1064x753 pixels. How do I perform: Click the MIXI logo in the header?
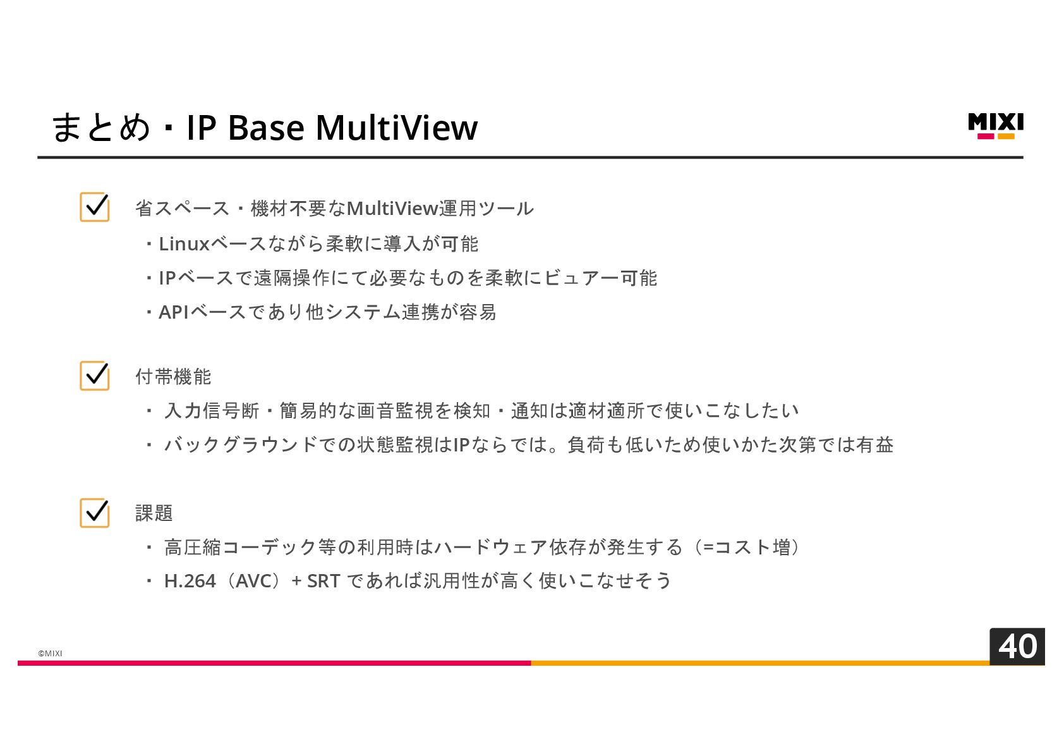pyautogui.click(x=995, y=126)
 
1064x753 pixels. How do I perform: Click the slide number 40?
pyautogui.click(x=1017, y=646)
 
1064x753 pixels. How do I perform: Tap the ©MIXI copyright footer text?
pyautogui.click(x=50, y=653)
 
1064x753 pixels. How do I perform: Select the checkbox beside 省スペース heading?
pyautogui.click(x=95, y=207)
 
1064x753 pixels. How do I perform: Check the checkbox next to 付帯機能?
pyautogui.click(x=95, y=376)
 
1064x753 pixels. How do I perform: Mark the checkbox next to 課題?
pyautogui.click(x=95, y=512)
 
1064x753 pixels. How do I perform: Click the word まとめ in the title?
pyautogui.click(x=100, y=127)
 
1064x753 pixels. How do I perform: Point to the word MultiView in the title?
pyautogui.click(x=396, y=127)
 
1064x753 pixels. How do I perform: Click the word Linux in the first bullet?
pyautogui.click(x=184, y=243)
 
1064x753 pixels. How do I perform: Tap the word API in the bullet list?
pyautogui.click(x=174, y=312)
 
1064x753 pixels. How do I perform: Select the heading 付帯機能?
pyautogui.click(x=173, y=376)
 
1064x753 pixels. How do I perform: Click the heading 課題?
pyautogui.click(x=154, y=513)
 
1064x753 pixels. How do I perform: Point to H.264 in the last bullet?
pyautogui.click(x=190, y=580)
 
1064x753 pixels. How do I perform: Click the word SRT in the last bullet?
pyautogui.click(x=323, y=580)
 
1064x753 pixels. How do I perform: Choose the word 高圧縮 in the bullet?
pyautogui.click(x=193, y=547)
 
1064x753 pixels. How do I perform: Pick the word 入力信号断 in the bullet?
pyautogui.click(x=212, y=410)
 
